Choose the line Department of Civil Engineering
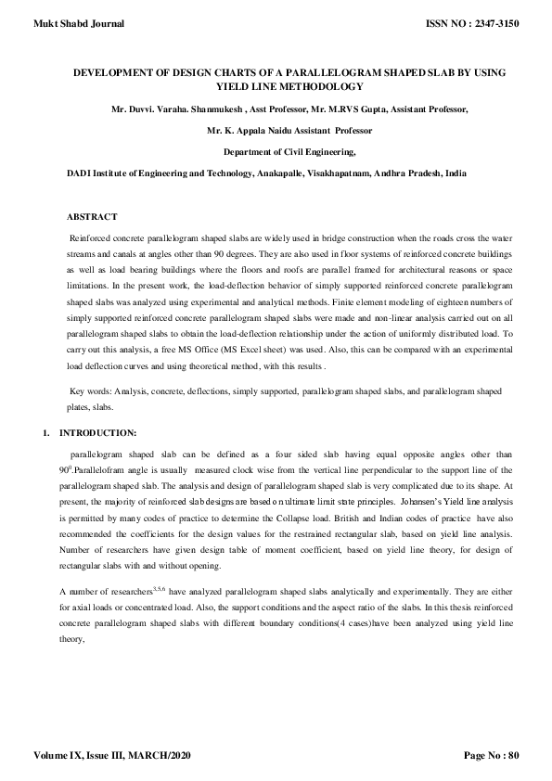289,151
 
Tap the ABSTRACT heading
93,216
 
